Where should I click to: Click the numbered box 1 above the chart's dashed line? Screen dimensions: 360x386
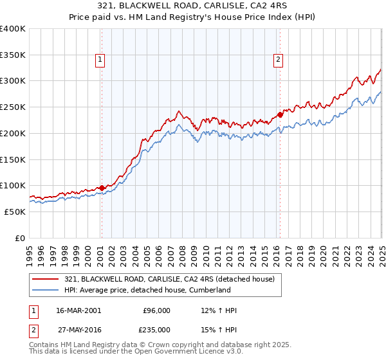tap(101, 60)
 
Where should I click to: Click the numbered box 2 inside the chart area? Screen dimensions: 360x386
tap(279, 60)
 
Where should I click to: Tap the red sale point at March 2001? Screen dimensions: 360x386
tap(102, 188)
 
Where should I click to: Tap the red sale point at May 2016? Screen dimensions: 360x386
tap(280, 115)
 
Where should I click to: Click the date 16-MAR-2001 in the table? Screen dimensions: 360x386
tap(78, 310)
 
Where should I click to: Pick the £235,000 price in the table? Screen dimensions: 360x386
tap(156, 328)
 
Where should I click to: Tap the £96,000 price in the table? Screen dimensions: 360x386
tap(156, 310)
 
